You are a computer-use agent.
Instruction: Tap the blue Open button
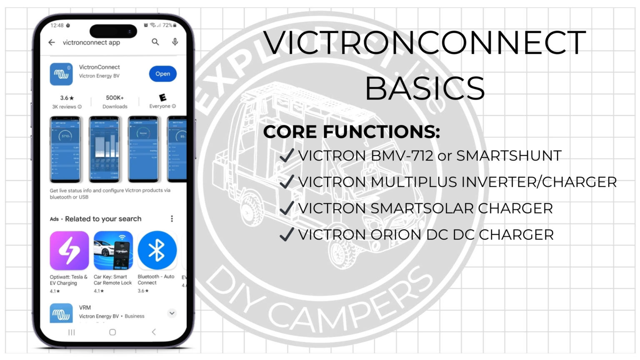coord(162,74)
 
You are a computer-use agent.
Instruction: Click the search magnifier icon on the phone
coord(155,42)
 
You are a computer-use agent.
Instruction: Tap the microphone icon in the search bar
coord(175,42)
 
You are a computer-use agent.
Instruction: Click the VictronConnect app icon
coord(61,74)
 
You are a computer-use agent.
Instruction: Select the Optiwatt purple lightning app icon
coord(69,250)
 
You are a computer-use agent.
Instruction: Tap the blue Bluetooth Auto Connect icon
coord(157,250)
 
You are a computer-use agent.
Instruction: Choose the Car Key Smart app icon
coord(113,250)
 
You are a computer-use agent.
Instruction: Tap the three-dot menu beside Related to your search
coord(172,219)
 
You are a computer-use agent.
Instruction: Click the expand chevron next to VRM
coord(172,313)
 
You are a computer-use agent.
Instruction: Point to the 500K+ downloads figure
coord(115,97)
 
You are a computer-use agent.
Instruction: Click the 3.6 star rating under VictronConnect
coord(67,98)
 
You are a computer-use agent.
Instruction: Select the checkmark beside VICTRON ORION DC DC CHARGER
coord(287,235)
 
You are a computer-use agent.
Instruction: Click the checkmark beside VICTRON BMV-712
coord(287,156)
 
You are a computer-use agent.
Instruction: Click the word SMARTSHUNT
coord(509,156)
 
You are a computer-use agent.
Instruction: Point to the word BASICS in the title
coord(425,88)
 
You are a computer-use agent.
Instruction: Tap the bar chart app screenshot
coord(105,149)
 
